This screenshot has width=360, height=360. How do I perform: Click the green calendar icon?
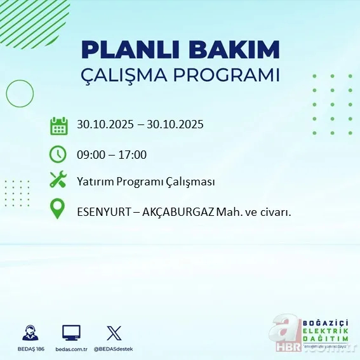[58, 125]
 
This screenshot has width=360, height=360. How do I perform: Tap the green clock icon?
[58, 154]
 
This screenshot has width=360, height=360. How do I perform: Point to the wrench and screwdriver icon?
[58, 181]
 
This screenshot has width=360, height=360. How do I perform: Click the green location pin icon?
[58, 210]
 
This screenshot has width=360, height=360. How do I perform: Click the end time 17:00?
[133, 154]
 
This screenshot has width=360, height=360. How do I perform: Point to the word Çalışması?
[192, 182]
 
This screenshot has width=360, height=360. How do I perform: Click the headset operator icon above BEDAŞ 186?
[29, 332]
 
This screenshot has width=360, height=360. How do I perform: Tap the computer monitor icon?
[71, 332]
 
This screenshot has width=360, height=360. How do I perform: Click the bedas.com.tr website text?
[71, 349]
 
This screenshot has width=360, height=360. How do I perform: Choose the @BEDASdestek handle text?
[114, 349]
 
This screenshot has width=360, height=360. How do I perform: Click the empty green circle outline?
[20, 94]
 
